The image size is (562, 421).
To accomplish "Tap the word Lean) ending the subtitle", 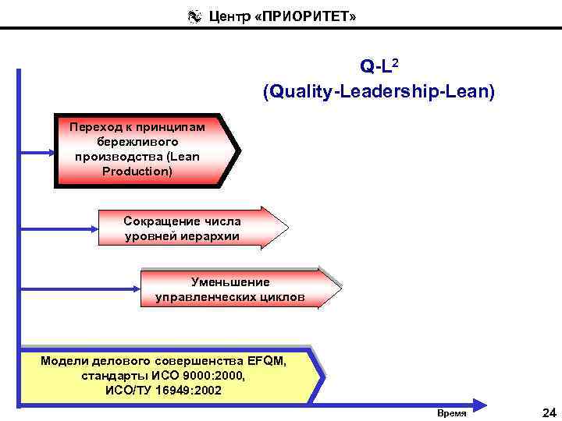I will tap(471, 92).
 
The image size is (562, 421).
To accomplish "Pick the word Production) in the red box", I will tap(137, 171).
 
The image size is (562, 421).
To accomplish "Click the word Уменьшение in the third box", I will tap(230, 281).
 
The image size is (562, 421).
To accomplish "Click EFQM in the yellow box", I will tap(266, 361).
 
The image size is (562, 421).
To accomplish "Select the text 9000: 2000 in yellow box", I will tap(209, 376).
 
